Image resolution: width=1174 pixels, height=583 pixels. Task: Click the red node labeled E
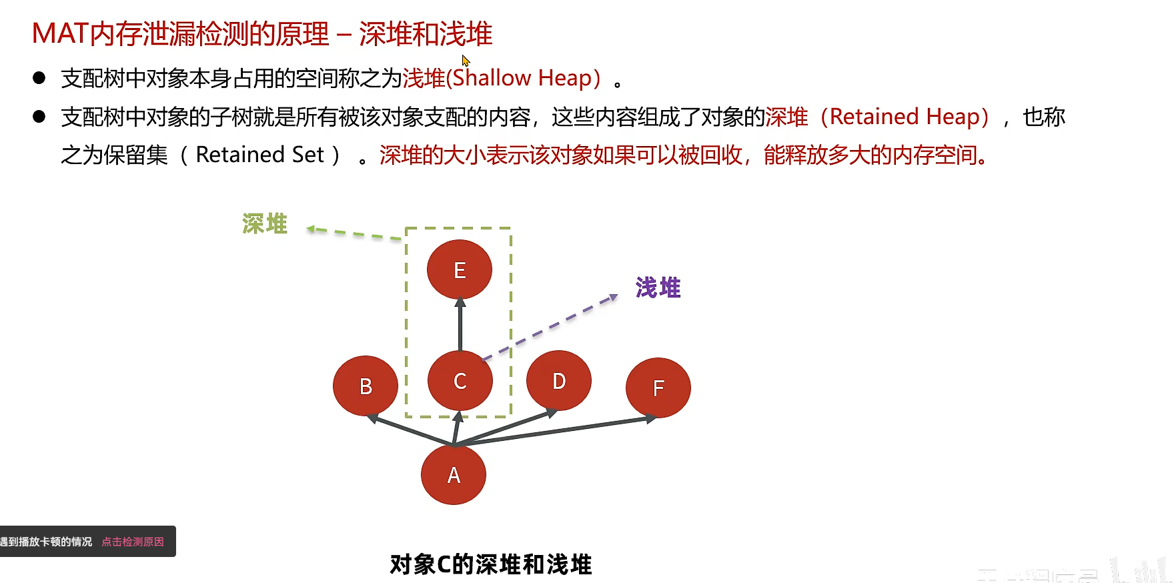460,269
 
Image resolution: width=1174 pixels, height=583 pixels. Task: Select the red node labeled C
460,380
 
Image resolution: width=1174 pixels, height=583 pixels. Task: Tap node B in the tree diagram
366,386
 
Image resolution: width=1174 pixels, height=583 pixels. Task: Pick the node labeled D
559,380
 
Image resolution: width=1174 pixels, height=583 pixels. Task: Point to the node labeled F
658,388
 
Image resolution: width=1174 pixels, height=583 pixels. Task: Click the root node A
454,475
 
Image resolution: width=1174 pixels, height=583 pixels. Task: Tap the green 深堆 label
265,224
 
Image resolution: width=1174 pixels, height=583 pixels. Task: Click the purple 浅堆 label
658,287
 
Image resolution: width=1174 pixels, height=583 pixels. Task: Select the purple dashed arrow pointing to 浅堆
550,327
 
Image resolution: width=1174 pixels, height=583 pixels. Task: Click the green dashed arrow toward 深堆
354,233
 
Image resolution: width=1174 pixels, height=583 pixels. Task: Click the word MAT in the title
60,33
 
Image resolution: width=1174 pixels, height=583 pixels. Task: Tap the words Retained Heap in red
905,117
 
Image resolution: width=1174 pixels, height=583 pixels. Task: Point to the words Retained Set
259,155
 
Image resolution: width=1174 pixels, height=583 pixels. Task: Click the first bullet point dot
39,78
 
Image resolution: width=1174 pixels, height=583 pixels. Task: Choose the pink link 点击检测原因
133,542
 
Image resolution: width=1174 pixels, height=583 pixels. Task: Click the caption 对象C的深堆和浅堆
491,564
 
